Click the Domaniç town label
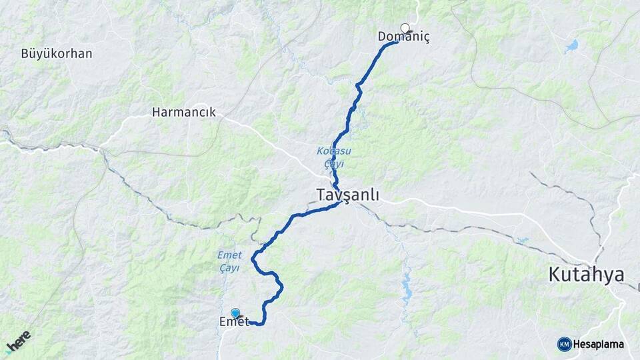tap(404, 37)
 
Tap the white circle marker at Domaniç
tap(405, 28)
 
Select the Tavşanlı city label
tap(347, 195)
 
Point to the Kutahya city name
tap(586, 274)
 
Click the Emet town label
tap(234, 322)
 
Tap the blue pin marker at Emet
tap(235, 313)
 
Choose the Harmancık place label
tap(184, 112)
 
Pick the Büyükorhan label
tap(57, 53)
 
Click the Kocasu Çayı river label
tap(330, 157)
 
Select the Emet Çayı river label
tap(229, 261)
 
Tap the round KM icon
tap(564, 344)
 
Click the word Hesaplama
tap(598, 344)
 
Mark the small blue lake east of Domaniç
tap(571, 47)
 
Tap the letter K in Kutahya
tap(555, 274)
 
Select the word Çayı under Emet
tap(229, 267)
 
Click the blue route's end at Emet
tap(251, 323)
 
